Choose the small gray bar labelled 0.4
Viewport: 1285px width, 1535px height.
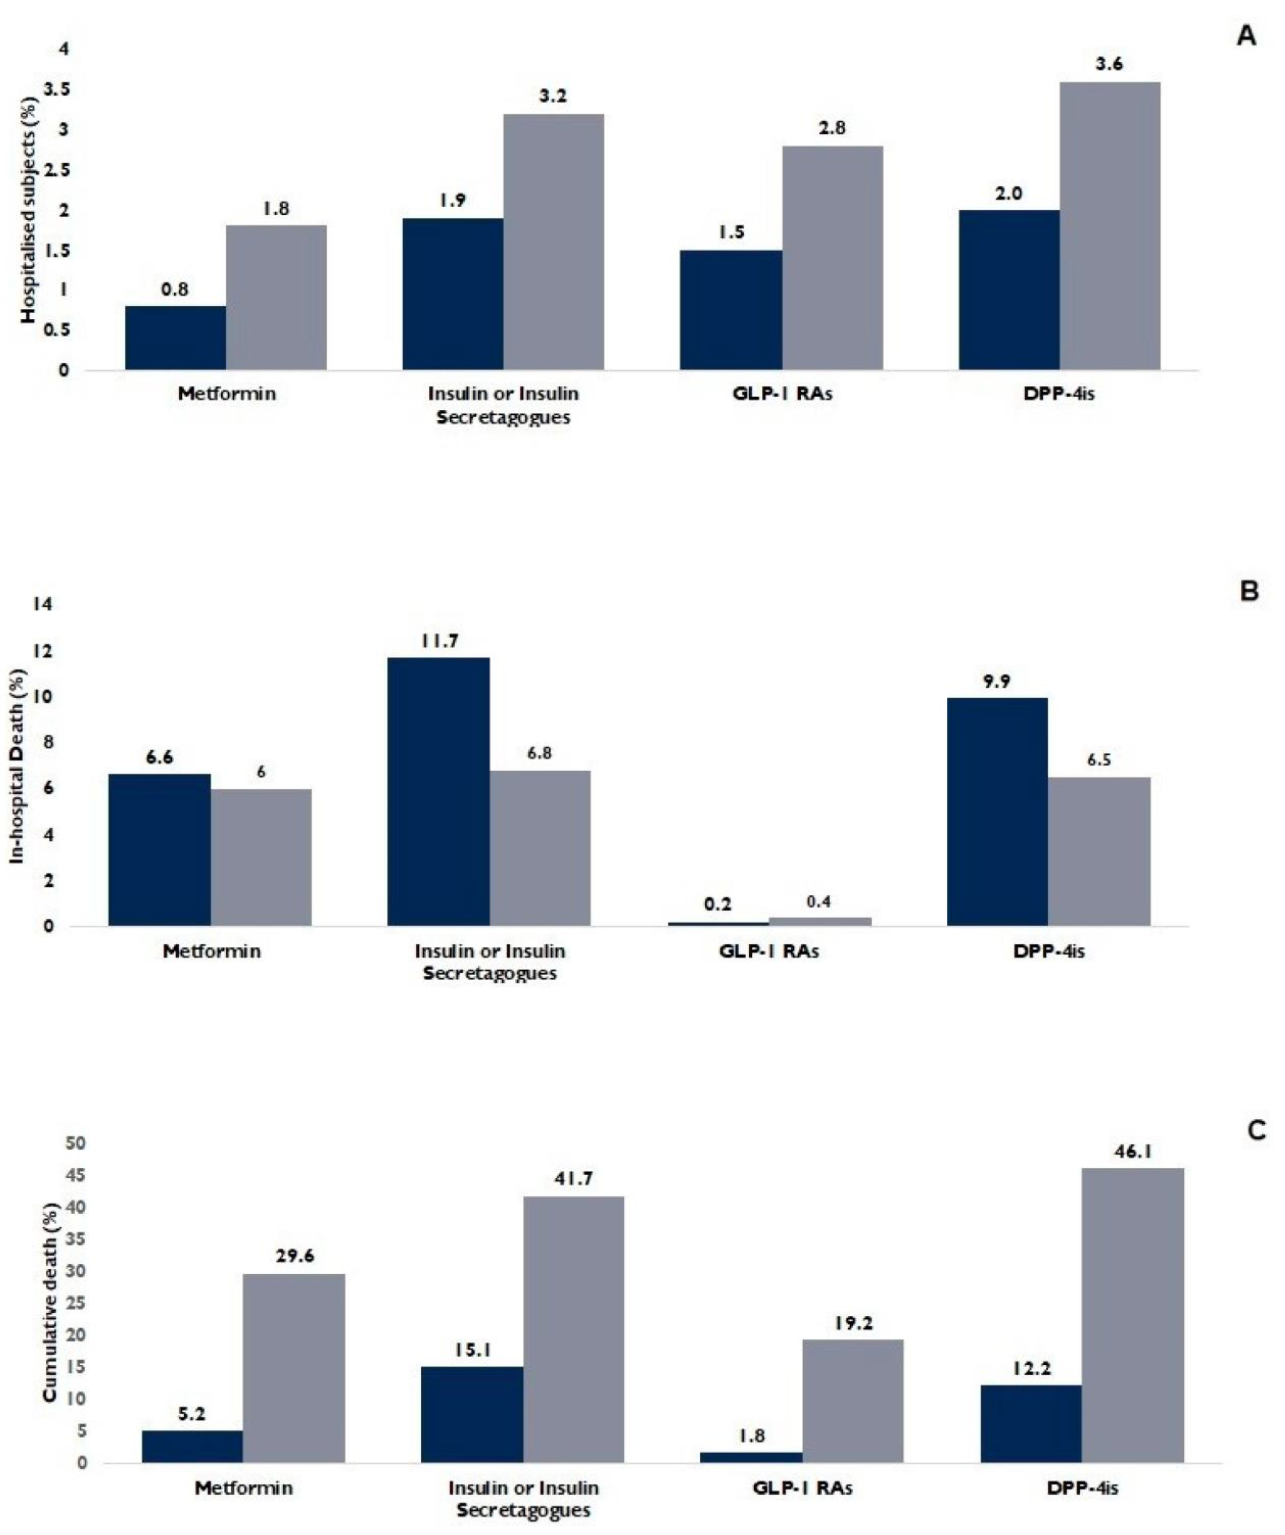[819, 921]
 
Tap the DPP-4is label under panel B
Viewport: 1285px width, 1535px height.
[1049, 952]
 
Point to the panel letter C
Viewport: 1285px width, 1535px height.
[1256, 1131]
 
